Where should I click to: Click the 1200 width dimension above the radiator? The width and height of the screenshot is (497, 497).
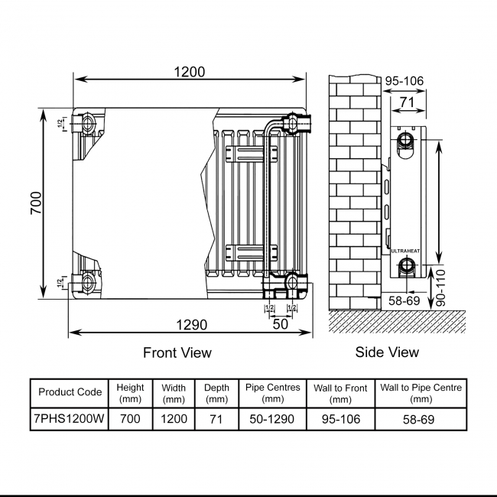tap(190, 72)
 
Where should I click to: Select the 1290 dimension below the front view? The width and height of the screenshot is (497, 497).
tap(190, 325)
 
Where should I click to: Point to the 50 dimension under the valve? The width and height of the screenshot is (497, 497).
tap(280, 323)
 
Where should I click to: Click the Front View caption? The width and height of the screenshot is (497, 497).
tap(177, 352)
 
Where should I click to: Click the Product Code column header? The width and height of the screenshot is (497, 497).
tap(70, 392)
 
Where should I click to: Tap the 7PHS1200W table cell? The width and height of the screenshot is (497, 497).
tap(70, 419)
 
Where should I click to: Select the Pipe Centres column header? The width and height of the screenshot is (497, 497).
tap(273, 393)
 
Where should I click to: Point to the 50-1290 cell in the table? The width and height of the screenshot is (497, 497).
tap(273, 419)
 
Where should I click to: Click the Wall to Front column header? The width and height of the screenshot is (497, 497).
tap(340, 393)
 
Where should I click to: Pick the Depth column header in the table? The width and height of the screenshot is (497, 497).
tap(216, 393)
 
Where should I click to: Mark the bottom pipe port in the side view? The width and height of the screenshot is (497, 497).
tap(407, 268)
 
